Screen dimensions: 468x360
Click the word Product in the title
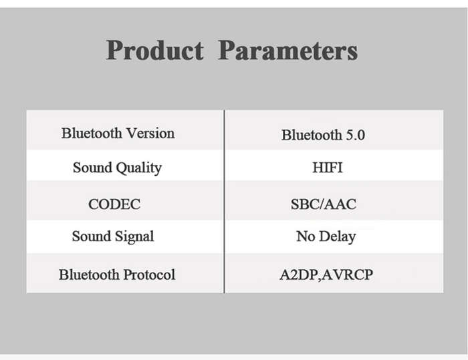155,51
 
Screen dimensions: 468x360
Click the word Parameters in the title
288,51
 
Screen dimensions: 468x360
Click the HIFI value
328,168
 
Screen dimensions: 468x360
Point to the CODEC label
114,204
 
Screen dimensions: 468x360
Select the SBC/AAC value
324,204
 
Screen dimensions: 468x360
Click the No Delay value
326,237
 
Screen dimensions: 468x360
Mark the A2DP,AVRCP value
326,275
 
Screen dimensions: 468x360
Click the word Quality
139,168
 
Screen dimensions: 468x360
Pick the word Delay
337,237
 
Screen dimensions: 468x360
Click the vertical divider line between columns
224,202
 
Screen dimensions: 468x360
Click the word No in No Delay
306,236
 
